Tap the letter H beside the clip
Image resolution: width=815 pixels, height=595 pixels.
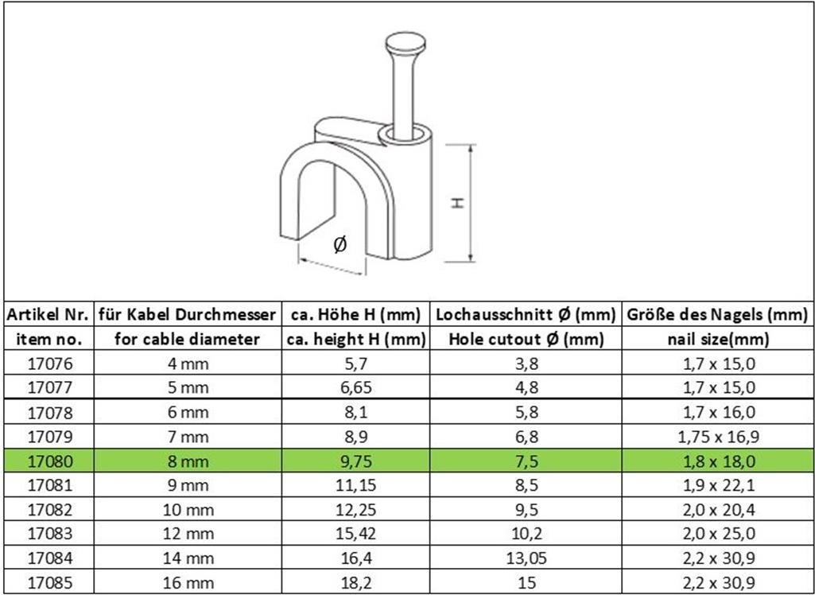(457, 203)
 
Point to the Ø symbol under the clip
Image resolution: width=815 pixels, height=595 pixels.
(340, 243)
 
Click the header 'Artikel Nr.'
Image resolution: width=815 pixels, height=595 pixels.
(48, 315)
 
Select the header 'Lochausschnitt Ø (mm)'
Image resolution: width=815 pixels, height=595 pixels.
(526, 315)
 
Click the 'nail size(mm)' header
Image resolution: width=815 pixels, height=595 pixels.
(718, 340)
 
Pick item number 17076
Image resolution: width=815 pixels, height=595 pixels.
(49, 364)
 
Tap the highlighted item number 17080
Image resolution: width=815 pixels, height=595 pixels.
(49, 461)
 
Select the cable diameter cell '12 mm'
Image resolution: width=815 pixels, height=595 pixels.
(188, 535)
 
